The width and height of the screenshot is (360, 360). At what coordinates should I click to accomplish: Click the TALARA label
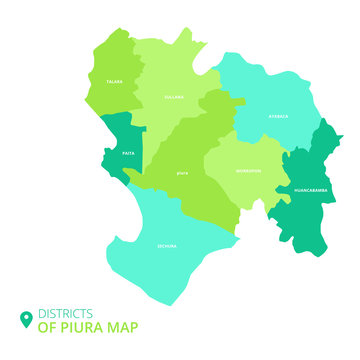[115, 81]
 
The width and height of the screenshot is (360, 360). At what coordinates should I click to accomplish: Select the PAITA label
[128, 153]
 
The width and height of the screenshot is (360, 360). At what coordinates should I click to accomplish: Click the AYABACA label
[277, 116]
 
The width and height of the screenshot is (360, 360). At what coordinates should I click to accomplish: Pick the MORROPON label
[248, 170]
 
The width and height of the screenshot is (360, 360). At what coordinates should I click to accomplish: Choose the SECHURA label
[167, 244]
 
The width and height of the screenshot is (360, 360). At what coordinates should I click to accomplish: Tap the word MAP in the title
[125, 327]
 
